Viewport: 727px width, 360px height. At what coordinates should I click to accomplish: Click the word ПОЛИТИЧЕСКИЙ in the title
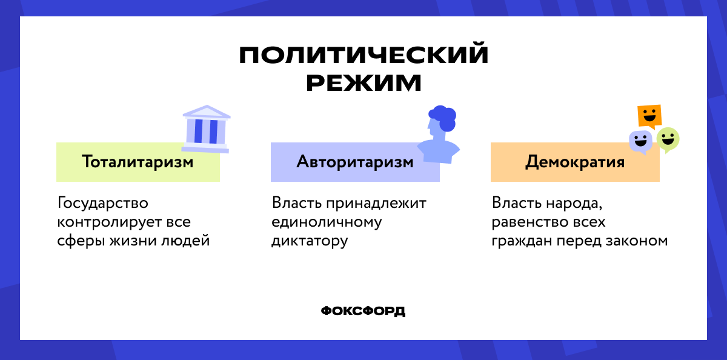pyautogui.click(x=363, y=55)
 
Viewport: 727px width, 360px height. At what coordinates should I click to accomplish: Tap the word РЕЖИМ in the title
pyautogui.click(x=363, y=82)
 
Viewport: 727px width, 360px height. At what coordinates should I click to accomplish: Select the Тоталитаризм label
pyautogui.click(x=138, y=162)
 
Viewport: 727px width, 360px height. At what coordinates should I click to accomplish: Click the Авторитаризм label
pyautogui.click(x=355, y=162)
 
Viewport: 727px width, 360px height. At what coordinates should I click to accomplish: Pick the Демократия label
pyautogui.click(x=575, y=162)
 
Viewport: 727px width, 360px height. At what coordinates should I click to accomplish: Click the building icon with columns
pyautogui.click(x=206, y=130)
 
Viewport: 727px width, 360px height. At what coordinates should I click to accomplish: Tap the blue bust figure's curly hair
pyautogui.click(x=443, y=117)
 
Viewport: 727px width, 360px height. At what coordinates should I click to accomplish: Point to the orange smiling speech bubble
pyautogui.click(x=649, y=115)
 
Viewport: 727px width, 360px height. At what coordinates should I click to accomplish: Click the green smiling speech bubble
pyautogui.click(x=668, y=139)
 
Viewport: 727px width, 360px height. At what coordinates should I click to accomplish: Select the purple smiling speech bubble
pyautogui.click(x=640, y=142)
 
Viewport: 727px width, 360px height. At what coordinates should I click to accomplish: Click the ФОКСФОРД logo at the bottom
pyautogui.click(x=363, y=311)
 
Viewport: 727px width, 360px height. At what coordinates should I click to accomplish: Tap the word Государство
pyautogui.click(x=103, y=202)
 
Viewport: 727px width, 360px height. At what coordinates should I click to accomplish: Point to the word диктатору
pyautogui.click(x=310, y=241)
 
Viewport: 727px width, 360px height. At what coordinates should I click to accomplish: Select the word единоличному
pyautogui.click(x=327, y=222)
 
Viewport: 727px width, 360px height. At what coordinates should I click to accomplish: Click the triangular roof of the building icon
pyautogui.click(x=206, y=112)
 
